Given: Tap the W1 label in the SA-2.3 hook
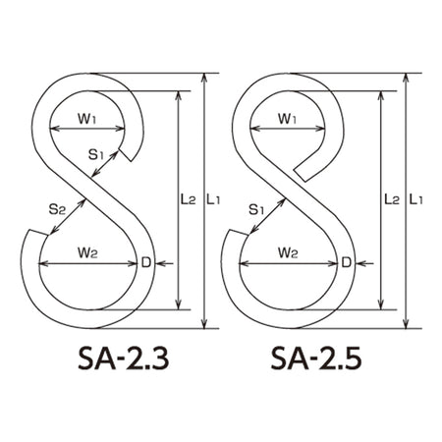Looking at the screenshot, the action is pyautogui.click(x=86, y=119).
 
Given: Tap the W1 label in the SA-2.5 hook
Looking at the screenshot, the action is pyautogui.click(x=287, y=119).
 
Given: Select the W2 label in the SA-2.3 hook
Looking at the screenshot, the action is pyautogui.click(x=87, y=252).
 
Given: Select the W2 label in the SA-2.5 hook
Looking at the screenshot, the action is pyautogui.click(x=288, y=252).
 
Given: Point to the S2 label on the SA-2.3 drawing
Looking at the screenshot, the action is pyautogui.click(x=57, y=209).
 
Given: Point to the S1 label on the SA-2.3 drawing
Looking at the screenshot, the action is pyautogui.click(x=96, y=154).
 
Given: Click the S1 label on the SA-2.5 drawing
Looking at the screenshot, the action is pyautogui.click(x=256, y=209).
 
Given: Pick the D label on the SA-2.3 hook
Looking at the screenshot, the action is pyautogui.click(x=146, y=262).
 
